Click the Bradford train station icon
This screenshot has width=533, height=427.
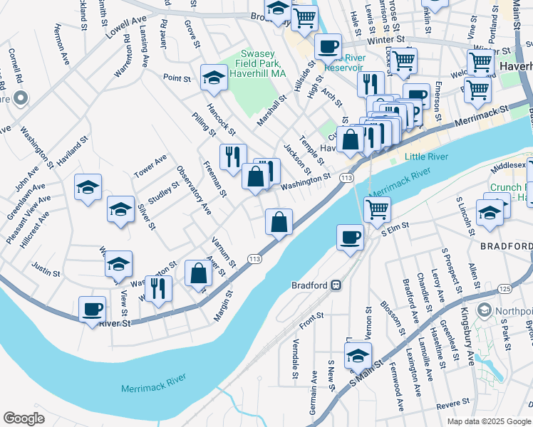pos(333,285)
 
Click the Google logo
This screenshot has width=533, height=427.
pos(24,418)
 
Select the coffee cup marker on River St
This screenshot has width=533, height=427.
pos(93,310)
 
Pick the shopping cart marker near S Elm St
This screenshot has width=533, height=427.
pos(377,209)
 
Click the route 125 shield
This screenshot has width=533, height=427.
pos(504,288)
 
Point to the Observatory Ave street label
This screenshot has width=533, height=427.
pos(195,191)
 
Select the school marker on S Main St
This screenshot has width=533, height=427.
pos(358,355)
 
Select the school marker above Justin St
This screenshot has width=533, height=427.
pos(119,263)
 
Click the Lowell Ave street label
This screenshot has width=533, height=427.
pos(125,28)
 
